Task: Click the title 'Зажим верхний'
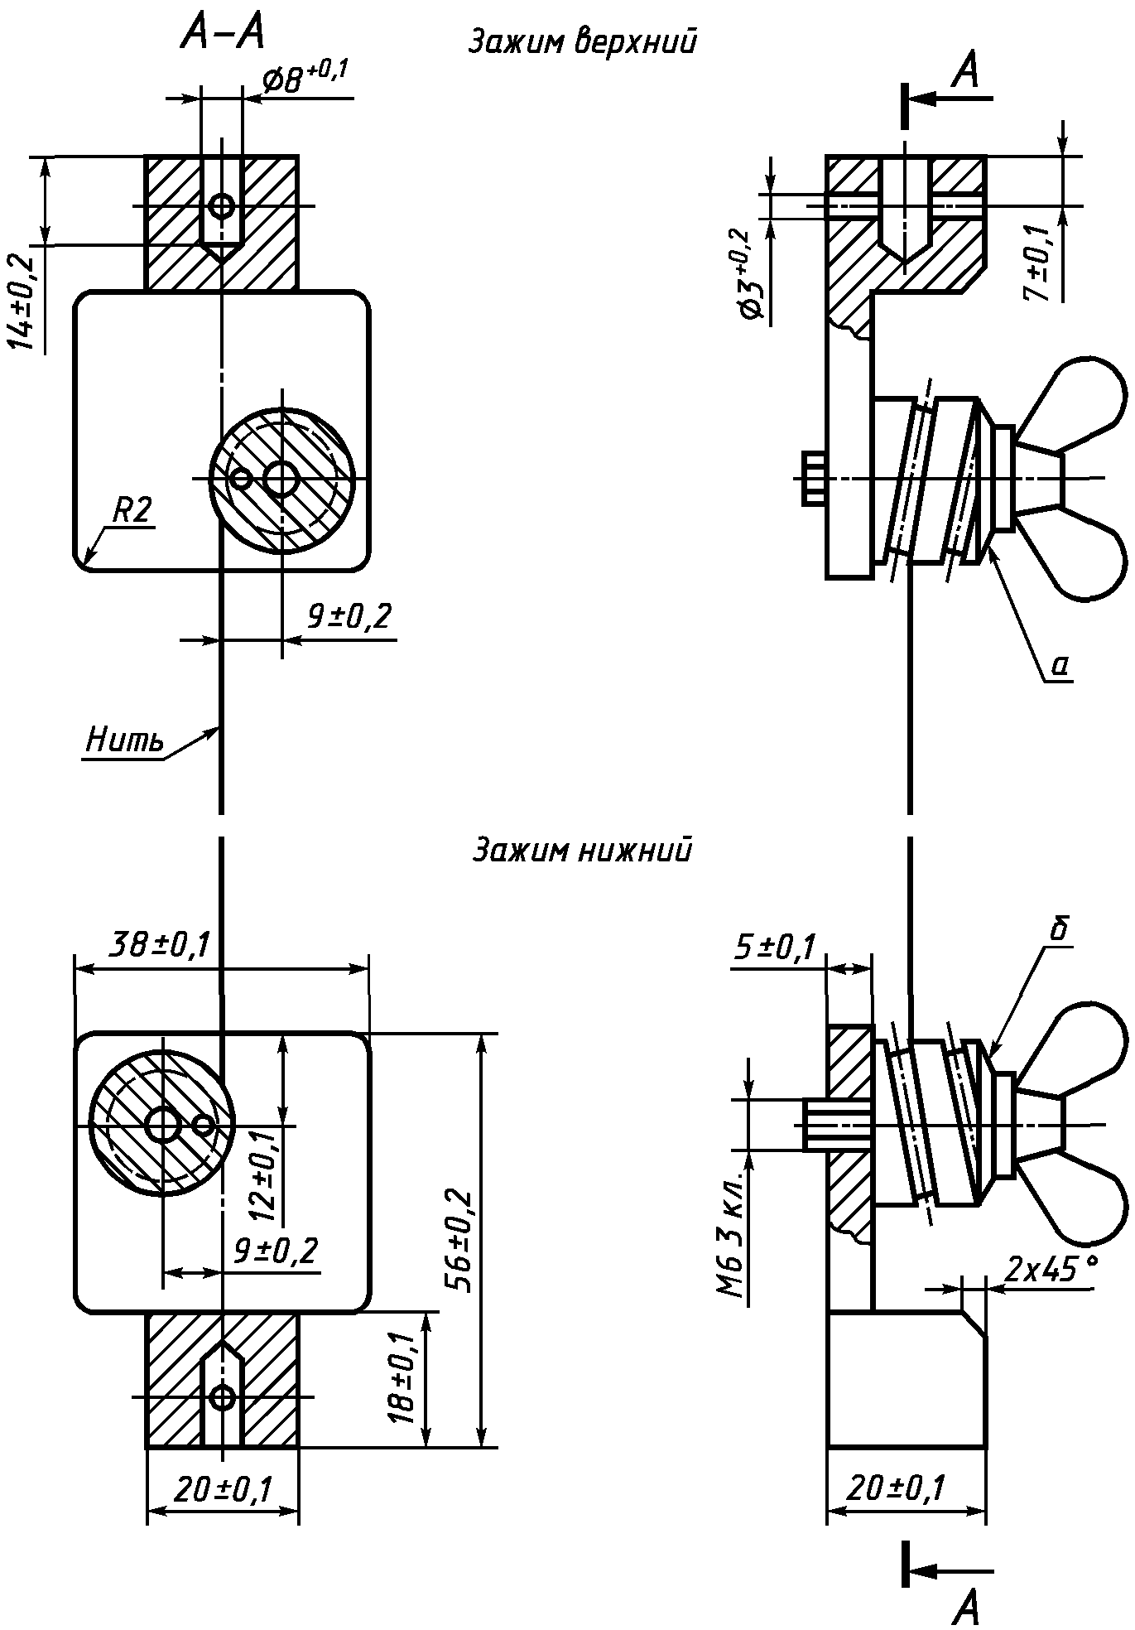click(582, 41)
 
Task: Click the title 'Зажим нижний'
click(582, 850)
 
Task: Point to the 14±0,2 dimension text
click(26, 303)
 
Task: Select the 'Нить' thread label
click(124, 740)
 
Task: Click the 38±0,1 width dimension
click(161, 943)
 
